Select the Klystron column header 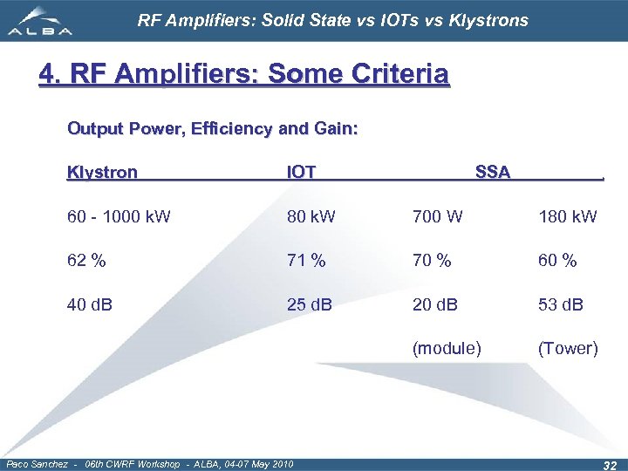click(102, 172)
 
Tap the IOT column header click(302, 172)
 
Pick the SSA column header click(493, 172)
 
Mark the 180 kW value click(568, 216)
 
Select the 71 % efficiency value click(306, 260)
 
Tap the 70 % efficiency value click(432, 260)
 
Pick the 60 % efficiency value click(557, 260)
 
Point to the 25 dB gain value click(310, 304)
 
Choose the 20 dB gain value click(436, 304)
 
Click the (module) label click(447, 349)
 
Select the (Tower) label click(568, 349)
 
